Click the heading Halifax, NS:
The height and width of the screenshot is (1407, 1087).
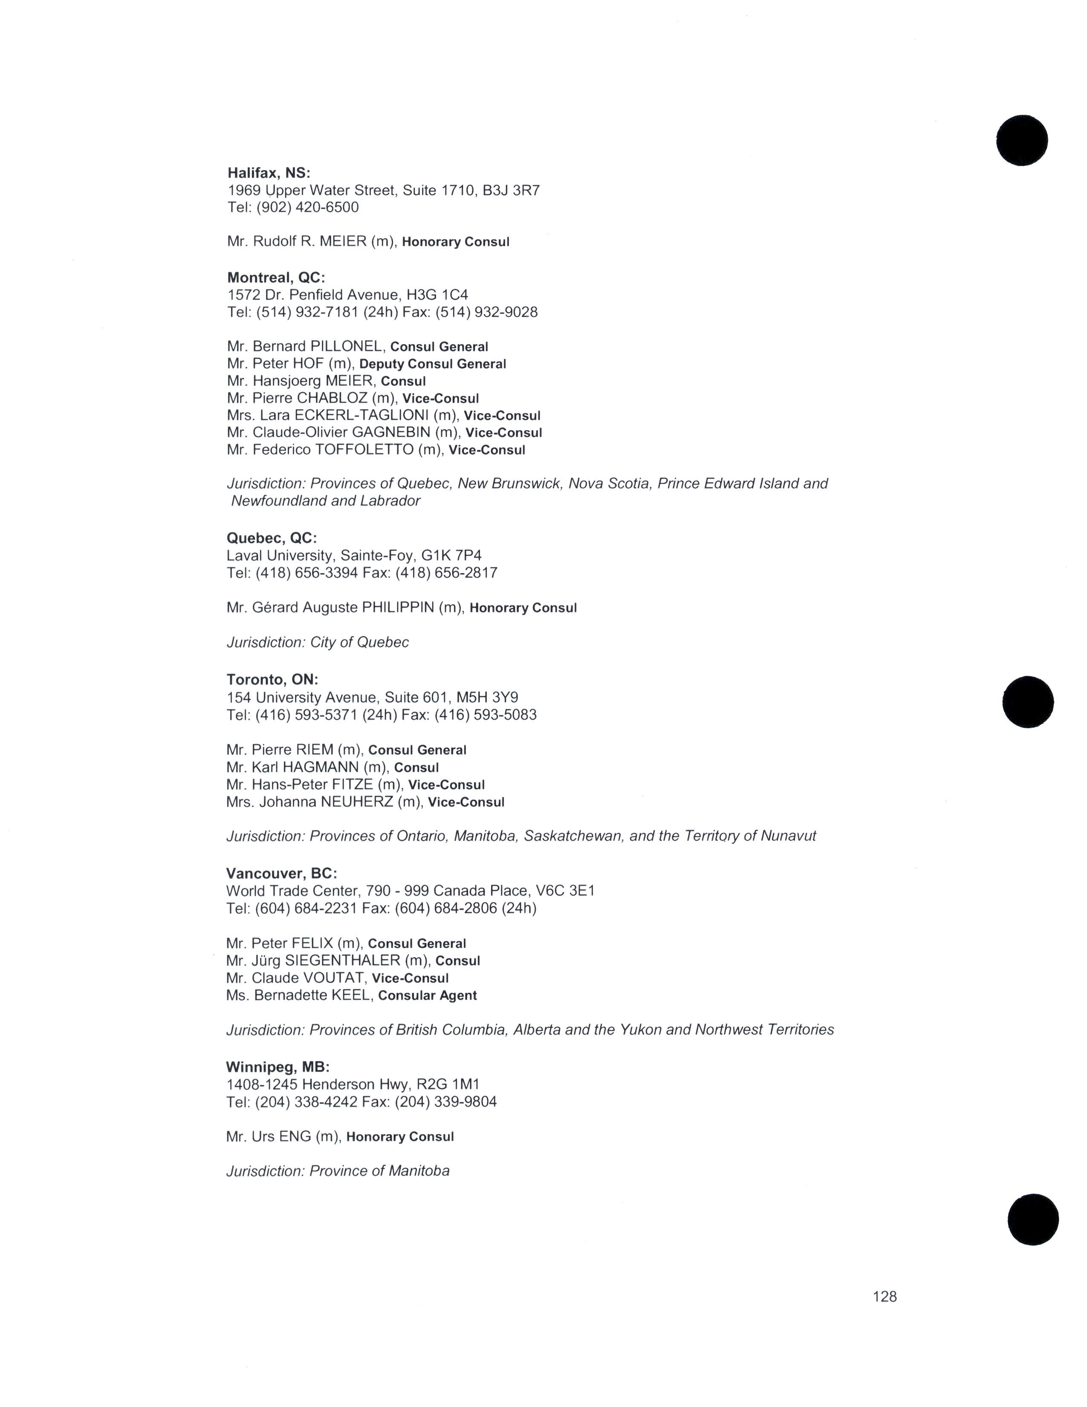[269, 173]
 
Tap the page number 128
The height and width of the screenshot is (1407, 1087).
[884, 1296]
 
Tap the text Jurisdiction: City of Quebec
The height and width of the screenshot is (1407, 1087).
[318, 642]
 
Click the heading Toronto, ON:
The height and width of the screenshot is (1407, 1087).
[272, 680]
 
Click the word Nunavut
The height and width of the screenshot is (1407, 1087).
[788, 836]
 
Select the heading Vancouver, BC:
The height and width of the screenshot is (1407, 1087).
[281, 874]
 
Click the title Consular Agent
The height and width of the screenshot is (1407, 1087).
[428, 995]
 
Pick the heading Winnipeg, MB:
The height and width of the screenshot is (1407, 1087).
[278, 1067]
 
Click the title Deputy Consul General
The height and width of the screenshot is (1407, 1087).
[433, 364]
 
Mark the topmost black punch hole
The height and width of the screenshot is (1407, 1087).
[1022, 140]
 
